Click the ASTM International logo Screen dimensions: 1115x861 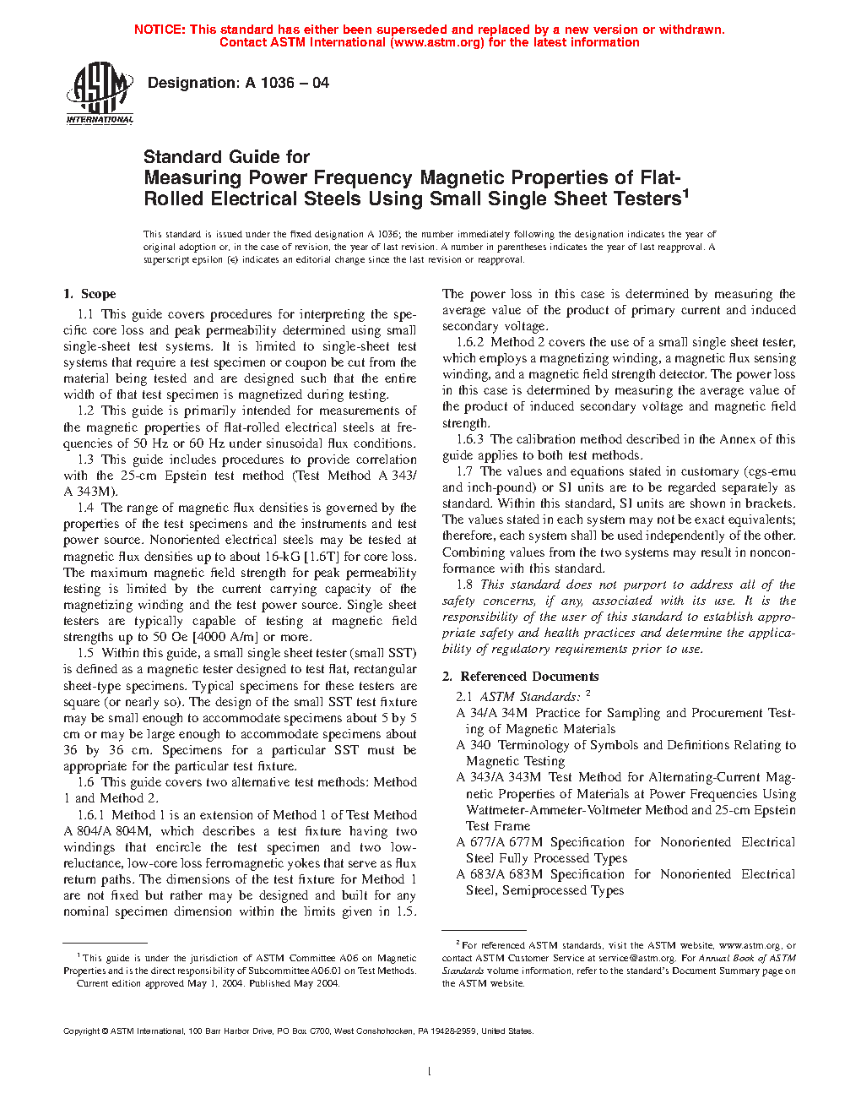click(x=100, y=94)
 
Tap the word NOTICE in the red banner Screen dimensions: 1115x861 click(x=160, y=30)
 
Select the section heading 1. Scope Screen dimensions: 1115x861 click(x=89, y=294)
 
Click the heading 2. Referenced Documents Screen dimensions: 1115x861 click(x=521, y=677)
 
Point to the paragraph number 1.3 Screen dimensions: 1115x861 click(x=86, y=460)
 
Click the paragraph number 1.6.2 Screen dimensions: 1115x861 click(x=470, y=342)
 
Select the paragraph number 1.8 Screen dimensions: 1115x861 click(x=464, y=585)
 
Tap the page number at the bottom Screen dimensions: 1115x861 click(x=430, y=1072)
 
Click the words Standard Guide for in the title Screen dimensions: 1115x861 click(x=226, y=157)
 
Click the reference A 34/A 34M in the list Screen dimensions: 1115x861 click(x=492, y=713)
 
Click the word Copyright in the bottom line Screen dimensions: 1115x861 click(x=82, y=1031)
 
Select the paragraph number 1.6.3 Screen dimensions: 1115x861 click(x=470, y=439)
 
